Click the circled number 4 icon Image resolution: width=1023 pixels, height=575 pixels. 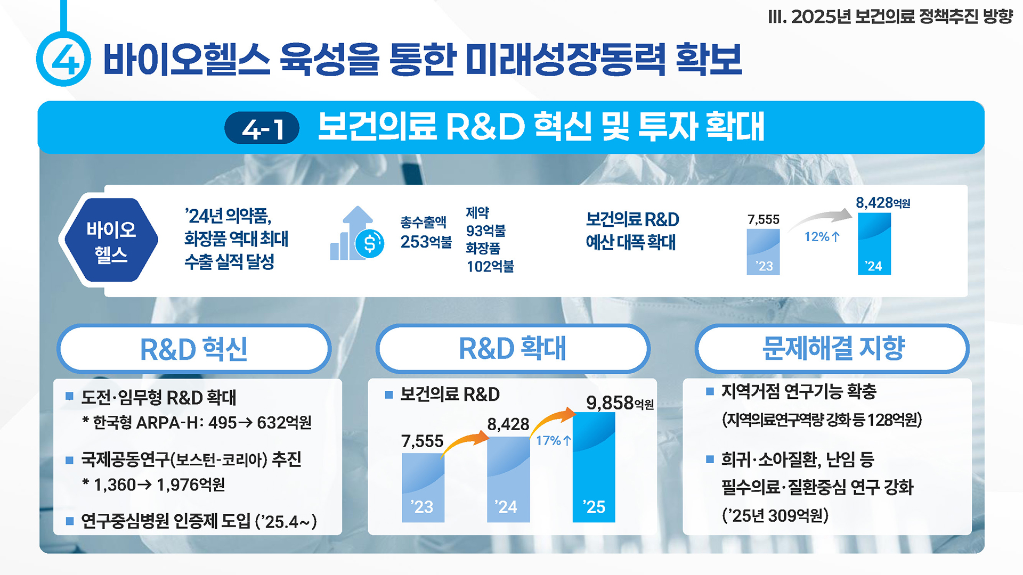click(x=64, y=59)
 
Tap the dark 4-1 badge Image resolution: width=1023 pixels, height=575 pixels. click(x=262, y=128)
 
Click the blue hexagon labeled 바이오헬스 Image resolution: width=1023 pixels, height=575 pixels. click(x=111, y=241)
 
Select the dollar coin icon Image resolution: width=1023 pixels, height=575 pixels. click(x=369, y=244)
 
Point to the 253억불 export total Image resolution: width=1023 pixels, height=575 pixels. click(x=426, y=242)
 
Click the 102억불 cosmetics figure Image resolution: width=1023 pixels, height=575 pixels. click(x=490, y=266)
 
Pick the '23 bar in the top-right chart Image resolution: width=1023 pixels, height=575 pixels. click(x=763, y=252)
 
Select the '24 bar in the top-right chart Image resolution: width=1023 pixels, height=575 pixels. click(x=874, y=244)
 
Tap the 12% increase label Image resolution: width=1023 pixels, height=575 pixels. click(x=822, y=236)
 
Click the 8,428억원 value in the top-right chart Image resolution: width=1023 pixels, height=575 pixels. click(x=882, y=203)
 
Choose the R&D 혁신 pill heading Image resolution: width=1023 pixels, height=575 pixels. click(x=194, y=349)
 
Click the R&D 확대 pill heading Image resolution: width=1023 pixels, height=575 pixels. click(x=513, y=349)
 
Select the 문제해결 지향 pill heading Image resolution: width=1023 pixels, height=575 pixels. click(x=832, y=349)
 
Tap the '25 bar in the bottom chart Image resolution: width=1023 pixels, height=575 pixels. click(x=594, y=467)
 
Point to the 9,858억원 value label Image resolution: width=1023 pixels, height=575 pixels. click(x=619, y=403)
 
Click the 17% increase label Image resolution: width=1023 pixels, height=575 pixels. click(x=553, y=440)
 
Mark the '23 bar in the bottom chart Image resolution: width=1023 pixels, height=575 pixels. click(x=423, y=487)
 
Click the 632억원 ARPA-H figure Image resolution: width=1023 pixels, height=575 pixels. click(x=284, y=423)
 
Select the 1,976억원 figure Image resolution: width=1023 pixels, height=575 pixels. click(x=191, y=485)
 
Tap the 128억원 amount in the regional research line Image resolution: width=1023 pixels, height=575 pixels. click(x=893, y=420)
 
